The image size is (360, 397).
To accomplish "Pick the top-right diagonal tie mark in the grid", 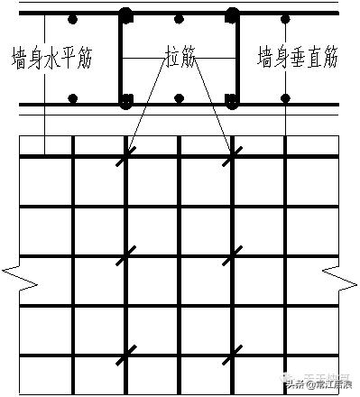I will [232, 156].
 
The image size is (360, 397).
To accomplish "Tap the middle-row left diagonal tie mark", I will [125, 256].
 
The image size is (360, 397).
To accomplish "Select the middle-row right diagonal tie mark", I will [232, 256].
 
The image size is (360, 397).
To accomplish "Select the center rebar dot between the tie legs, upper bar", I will [179, 19].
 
